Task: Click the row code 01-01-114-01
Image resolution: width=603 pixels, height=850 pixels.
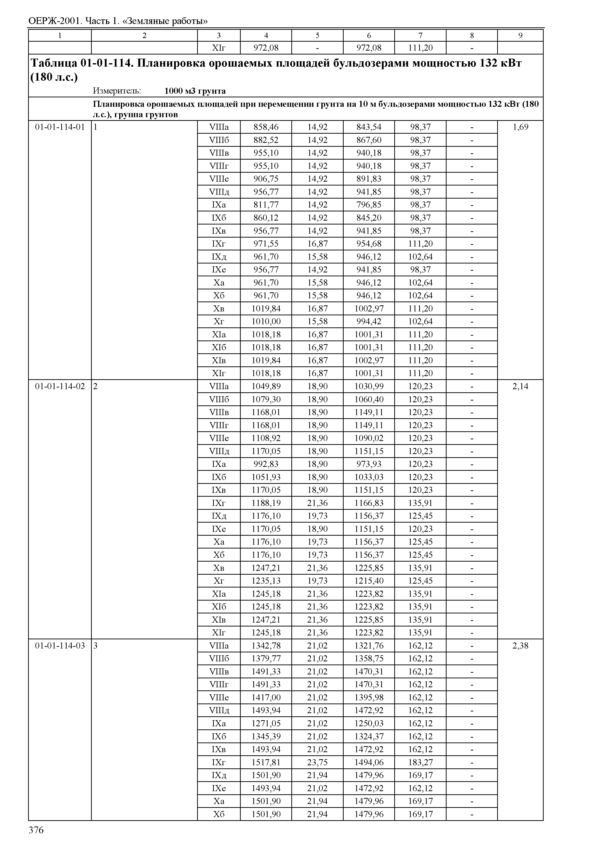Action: click(60, 127)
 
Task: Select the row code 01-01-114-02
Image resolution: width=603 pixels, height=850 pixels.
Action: click(60, 386)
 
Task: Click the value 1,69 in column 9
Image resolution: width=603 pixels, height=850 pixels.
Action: click(520, 127)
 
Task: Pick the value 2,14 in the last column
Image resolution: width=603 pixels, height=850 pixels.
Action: click(520, 386)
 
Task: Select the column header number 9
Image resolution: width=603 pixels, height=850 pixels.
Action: click(520, 35)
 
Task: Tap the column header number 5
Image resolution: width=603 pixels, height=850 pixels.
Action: click(317, 35)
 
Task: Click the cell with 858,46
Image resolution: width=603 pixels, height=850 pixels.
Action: click(266, 127)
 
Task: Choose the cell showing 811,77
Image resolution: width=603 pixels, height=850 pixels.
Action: click(266, 205)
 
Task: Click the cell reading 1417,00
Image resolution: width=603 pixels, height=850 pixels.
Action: click(266, 697)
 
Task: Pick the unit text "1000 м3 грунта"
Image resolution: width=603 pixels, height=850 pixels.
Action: click(195, 91)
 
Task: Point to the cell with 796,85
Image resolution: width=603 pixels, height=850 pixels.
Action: click(369, 205)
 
